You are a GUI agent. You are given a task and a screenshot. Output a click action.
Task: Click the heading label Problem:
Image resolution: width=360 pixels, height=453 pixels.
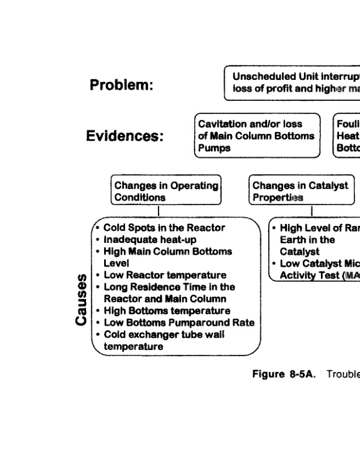point(122,86)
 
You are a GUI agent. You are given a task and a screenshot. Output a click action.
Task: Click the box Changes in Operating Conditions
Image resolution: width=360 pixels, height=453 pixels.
point(165,191)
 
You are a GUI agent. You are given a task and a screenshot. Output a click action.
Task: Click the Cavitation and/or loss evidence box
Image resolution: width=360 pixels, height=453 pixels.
point(255,136)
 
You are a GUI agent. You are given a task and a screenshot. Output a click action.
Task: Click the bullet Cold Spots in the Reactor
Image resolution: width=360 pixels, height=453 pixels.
point(164,228)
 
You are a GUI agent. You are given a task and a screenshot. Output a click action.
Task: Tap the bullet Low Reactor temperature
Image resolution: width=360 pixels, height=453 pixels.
point(165,275)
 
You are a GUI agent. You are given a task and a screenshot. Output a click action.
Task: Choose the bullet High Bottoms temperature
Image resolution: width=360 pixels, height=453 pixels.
point(167,311)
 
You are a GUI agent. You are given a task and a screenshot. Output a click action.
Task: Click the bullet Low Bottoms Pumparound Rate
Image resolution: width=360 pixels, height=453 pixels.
point(179,323)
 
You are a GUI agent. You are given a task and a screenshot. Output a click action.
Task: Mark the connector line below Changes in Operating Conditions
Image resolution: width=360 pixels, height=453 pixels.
point(159,211)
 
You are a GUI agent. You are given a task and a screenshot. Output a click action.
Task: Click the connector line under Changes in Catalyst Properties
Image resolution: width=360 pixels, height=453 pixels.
point(311,211)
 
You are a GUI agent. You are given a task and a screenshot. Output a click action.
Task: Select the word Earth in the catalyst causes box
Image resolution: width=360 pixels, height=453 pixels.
point(292,240)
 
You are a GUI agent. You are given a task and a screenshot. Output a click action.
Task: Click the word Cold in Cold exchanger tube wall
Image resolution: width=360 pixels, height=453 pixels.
point(115,335)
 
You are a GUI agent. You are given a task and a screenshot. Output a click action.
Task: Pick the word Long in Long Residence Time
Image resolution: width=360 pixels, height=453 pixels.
point(115,287)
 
